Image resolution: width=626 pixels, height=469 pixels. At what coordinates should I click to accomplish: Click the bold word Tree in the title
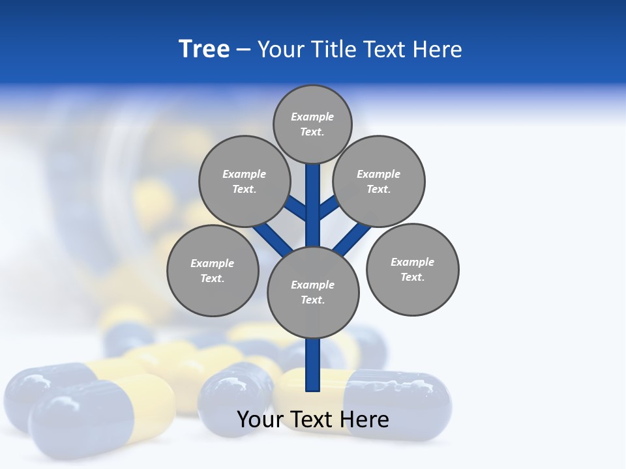(204, 49)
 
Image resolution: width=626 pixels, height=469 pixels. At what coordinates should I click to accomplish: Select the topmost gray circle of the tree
(312, 124)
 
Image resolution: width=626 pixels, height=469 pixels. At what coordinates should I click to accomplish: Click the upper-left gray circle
(244, 181)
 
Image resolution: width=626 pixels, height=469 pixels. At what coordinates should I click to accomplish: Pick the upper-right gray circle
(379, 181)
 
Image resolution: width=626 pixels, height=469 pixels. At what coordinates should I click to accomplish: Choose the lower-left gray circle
(213, 270)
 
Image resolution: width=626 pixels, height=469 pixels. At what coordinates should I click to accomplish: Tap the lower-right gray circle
(413, 269)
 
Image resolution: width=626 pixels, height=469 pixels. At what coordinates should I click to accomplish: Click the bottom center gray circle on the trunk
(313, 292)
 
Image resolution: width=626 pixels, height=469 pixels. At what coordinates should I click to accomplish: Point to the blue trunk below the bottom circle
(313, 365)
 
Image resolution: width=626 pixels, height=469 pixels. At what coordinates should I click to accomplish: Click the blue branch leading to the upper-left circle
(297, 208)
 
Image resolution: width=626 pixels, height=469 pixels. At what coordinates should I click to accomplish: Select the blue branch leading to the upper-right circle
(329, 207)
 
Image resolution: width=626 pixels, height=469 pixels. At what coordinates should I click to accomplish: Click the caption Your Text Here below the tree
(312, 419)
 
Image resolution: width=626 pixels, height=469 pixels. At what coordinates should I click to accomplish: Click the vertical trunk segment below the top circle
(313, 195)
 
